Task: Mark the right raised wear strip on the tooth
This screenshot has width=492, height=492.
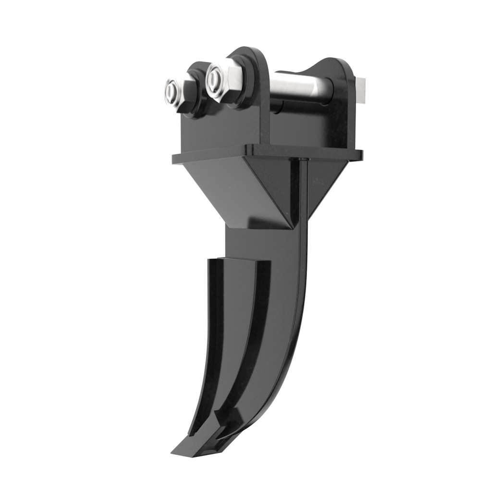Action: tap(252, 336)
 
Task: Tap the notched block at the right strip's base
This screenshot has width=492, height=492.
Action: tap(226, 423)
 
